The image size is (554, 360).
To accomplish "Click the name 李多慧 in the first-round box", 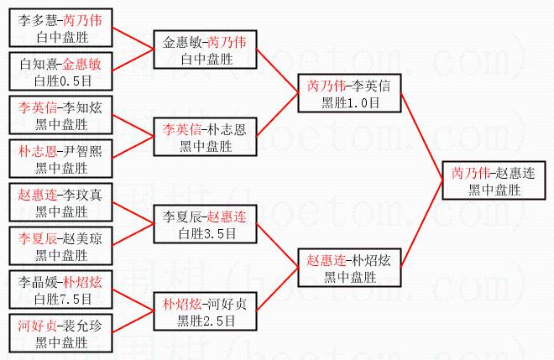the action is pyautogui.click(x=38, y=20).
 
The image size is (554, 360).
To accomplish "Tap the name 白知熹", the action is pyautogui.click(x=40, y=65).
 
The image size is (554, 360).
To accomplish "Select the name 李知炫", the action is pyautogui.click(x=82, y=107).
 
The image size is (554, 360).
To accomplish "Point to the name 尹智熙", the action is pyautogui.click(x=82, y=152).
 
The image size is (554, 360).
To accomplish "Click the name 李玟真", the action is pyautogui.click(x=82, y=195).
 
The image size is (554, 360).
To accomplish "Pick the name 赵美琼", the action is pyautogui.click(x=82, y=239).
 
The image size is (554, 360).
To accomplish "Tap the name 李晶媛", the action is pyautogui.click(x=38, y=282).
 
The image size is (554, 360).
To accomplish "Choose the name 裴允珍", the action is pyautogui.click(x=82, y=326).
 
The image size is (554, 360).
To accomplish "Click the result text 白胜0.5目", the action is pyautogui.click(x=63, y=81).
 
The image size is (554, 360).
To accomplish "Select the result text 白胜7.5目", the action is pyautogui.click(x=63, y=300).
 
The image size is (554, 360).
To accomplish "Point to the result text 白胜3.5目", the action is pyautogui.click(x=207, y=234).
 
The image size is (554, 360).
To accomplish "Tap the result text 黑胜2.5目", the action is pyautogui.click(x=206, y=321).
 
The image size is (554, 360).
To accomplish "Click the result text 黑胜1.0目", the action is pyautogui.click(x=351, y=103).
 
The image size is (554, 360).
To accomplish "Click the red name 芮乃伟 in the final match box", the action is pyautogui.click(x=471, y=174).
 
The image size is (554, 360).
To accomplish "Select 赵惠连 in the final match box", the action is pyautogui.click(x=515, y=174).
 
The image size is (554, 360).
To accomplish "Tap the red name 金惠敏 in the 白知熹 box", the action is pyautogui.click(x=82, y=65).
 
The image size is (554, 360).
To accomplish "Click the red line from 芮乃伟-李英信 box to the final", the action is pyautogui.click(x=422, y=137).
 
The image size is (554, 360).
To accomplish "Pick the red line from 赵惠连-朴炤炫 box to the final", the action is pyautogui.click(x=422, y=224).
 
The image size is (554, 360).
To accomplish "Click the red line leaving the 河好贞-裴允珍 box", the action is pyautogui.click(x=133, y=321).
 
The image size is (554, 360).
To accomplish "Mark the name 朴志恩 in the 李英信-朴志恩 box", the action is pyautogui.click(x=227, y=130).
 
